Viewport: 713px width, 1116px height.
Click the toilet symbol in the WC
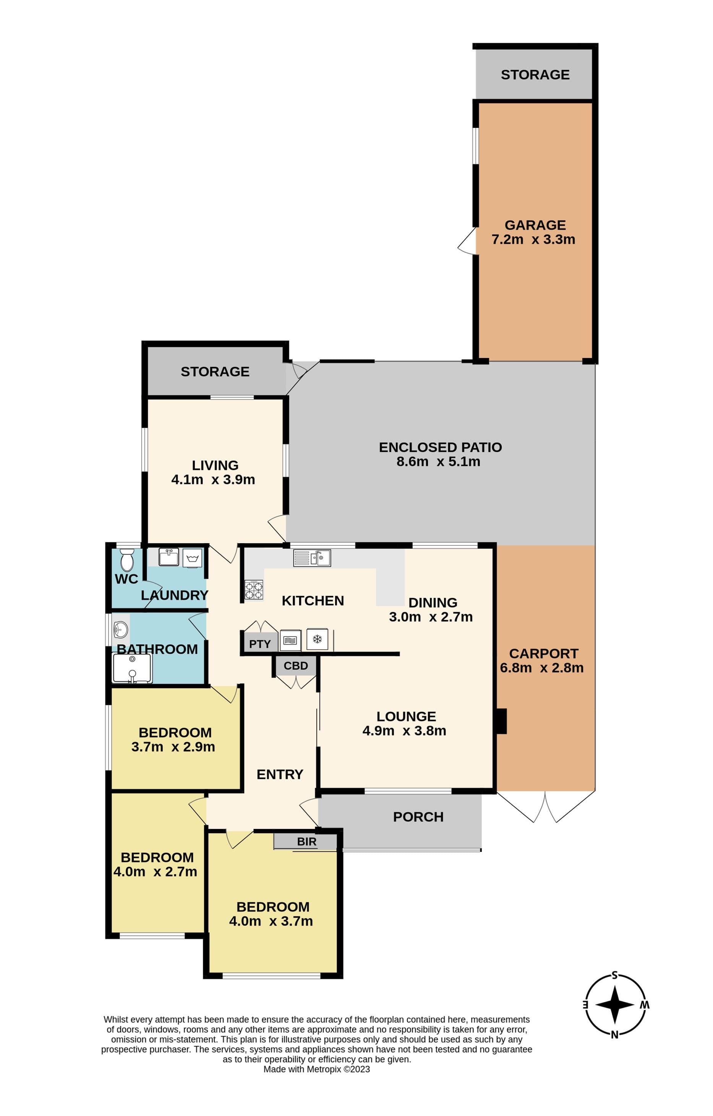126,560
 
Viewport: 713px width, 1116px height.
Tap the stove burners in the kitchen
254,590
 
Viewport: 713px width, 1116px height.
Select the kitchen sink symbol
312,558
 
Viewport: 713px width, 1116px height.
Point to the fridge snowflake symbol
317,640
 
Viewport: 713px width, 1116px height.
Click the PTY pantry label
260,644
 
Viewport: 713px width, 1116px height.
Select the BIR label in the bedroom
306,842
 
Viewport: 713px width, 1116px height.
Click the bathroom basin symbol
121,630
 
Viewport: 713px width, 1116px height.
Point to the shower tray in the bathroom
132,668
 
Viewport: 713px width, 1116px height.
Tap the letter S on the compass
615,975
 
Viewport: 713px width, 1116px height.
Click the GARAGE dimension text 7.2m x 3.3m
533,239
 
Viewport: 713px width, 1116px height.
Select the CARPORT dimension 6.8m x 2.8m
541,668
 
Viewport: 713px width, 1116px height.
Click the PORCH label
418,817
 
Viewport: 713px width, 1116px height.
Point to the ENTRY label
280,774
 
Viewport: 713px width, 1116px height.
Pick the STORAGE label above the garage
535,75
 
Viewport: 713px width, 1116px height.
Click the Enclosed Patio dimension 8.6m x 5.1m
438,461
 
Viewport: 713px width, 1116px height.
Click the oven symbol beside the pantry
290,640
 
